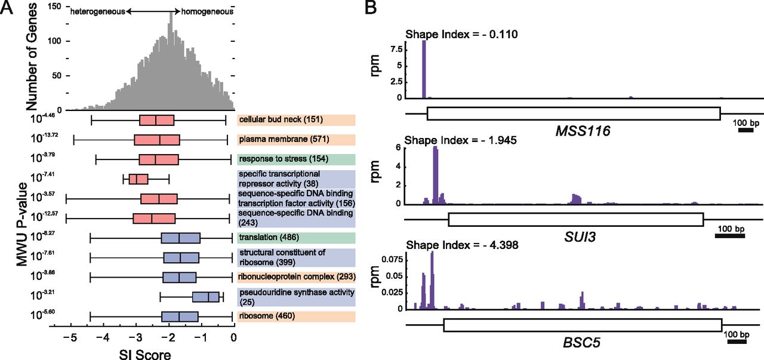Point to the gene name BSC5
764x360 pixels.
coord(583,344)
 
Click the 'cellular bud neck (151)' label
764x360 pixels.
coord(281,120)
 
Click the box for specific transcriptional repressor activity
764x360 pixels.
coord(138,179)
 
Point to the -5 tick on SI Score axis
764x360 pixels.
coord(70,337)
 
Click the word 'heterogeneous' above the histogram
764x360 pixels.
coord(97,11)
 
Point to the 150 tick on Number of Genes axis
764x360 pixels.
coord(56,5)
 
